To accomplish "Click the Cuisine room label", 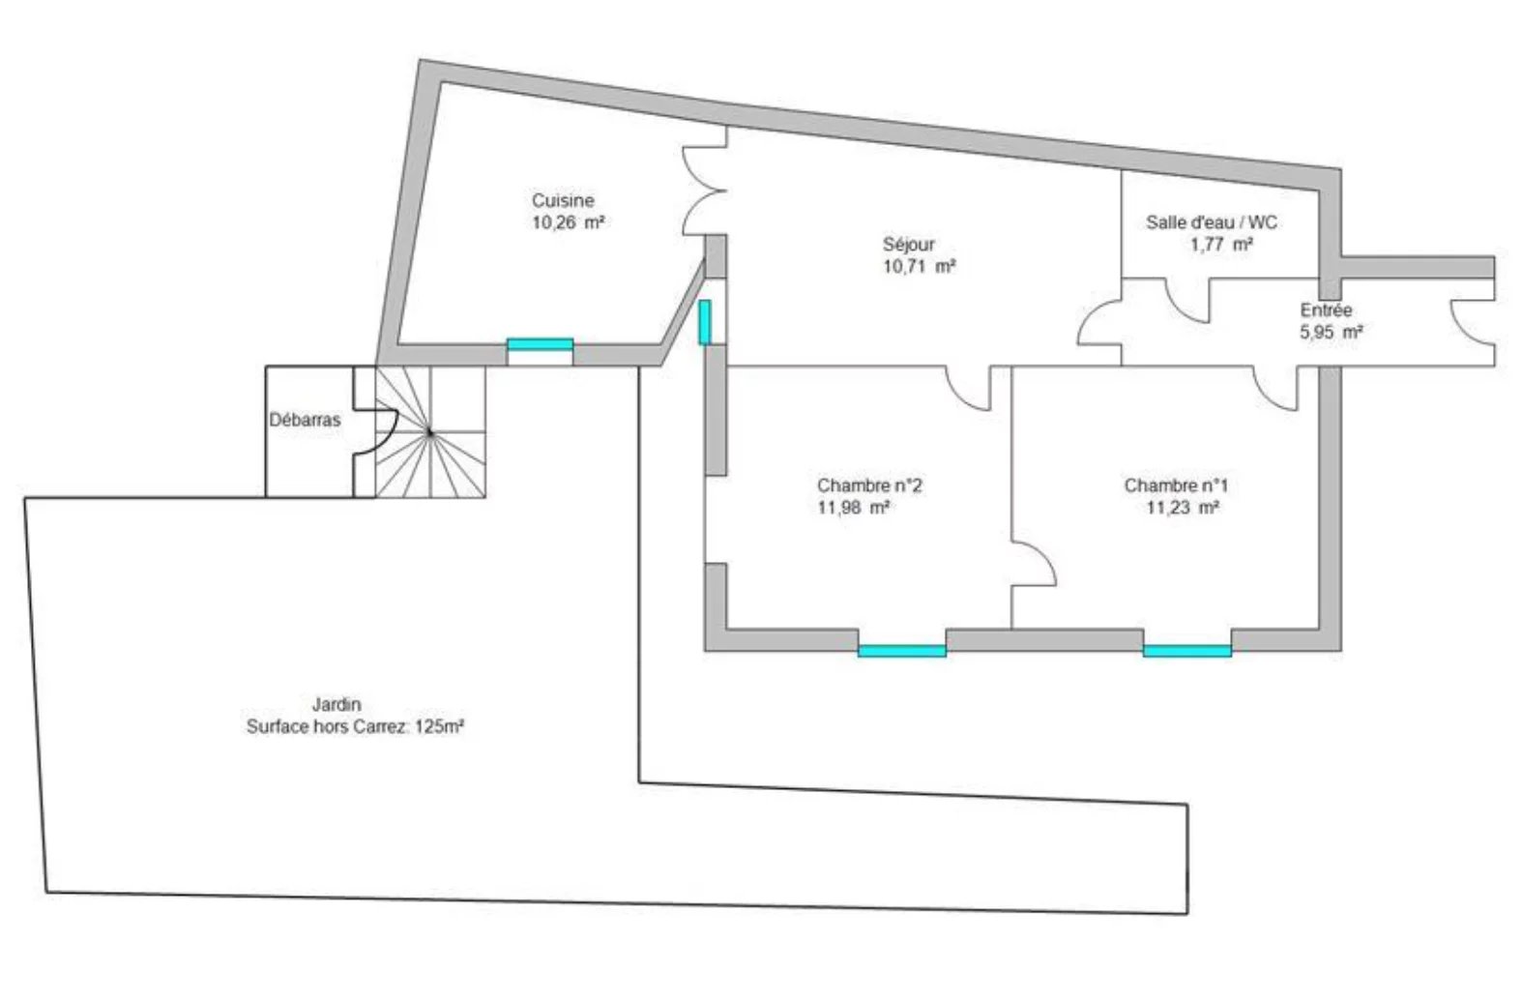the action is coord(563,200).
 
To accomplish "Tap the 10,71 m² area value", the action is coord(919,266).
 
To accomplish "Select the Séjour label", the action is coord(908,244).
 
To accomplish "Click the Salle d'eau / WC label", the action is coord(1212,222).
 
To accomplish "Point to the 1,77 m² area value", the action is coord(1221,245).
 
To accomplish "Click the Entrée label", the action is coord(1326,309).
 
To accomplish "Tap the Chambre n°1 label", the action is coord(1176,485).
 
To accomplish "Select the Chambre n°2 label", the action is coord(869,485).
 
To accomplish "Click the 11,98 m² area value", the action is coord(854,508).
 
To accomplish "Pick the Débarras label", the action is coord(305,420).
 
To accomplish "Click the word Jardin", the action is coord(337,704).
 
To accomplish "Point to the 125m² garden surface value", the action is coord(440,727).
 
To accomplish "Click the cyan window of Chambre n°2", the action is coord(901,652).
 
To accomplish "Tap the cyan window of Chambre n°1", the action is coord(1187,652).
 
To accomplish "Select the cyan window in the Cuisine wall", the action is coord(541,344).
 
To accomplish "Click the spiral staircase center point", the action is coord(429,431).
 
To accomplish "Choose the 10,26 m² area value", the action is coord(568,222).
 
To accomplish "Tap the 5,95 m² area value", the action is coord(1332,332).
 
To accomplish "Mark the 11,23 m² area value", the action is coord(1183,508).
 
